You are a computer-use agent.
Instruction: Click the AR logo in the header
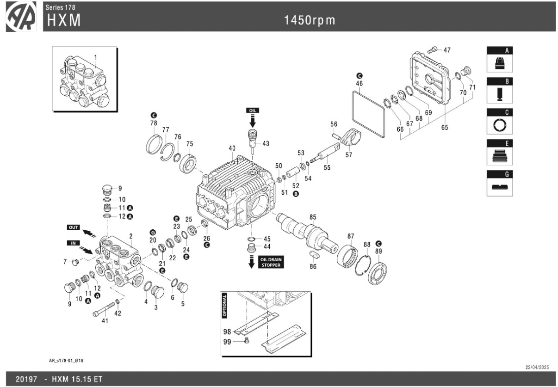pyautogui.click(x=21, y=17)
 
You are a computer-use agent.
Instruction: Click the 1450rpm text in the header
pyautogui.click(x=310, y=20)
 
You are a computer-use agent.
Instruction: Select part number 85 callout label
pyautogui.click(x=313, y=216)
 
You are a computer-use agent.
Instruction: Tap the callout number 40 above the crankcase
pyautogui.click(x=232, y=148)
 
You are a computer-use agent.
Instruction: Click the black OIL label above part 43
pyautogui.click(x=253, y=111)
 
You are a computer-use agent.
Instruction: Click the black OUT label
pyautogui.click(x=74, y=228)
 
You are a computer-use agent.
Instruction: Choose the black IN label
pyautogui.click(x=73, y=243)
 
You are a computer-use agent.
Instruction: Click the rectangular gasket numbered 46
pyautogui.click(x=369, y=114)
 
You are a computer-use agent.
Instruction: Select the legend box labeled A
pyautogui.click(x=499, y=59)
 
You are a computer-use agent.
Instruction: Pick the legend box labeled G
pyautogui.click(x=499, y=184)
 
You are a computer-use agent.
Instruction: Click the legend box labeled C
pyautogui.click(x=499, y=122)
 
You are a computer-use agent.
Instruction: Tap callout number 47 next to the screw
pyautogui.click(x=447, y=50)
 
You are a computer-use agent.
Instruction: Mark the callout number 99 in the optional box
pyautogui.click(x=227, y=342)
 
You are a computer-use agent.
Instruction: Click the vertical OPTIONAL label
pyautogui.click(x=225, y=305)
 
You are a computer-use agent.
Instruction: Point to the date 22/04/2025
pyautogui.click(x=537, y=367)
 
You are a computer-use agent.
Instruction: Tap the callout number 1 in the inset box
pyautogui.click(x=96, y=57)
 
